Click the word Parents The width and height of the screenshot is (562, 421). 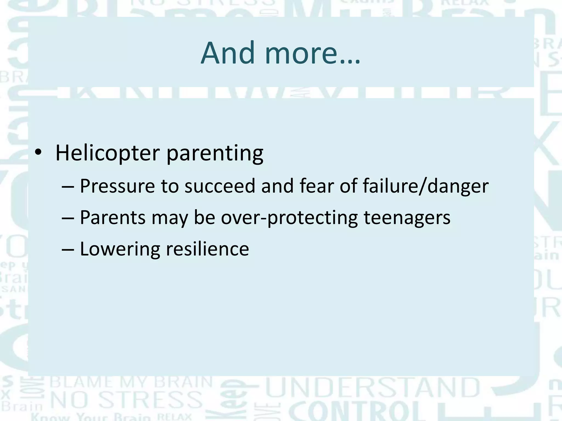pyautogui.click(x=113, y=218)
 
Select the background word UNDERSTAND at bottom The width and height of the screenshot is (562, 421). pyautogui.click(x=373, y=388)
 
